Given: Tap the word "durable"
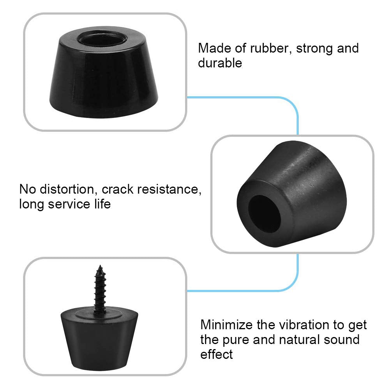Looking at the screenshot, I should tap(220, 63).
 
